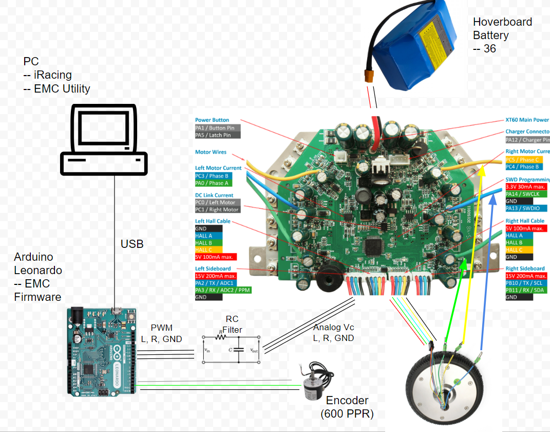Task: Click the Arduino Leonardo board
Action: click(102, 351)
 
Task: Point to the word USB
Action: click(131, 244)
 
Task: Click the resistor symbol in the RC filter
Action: click(221, 338)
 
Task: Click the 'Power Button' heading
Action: click(212, 120)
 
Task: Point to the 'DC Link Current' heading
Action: click(214, 195)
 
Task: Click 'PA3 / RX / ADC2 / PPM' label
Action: click(223, 290)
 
